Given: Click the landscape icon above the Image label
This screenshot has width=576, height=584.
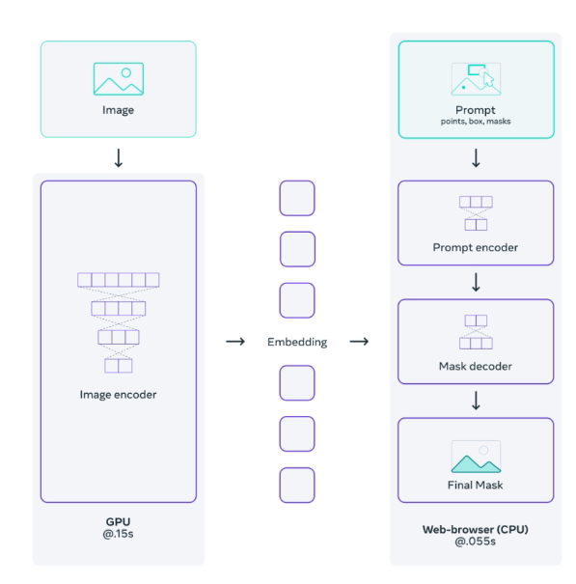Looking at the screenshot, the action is (x=119, y=79).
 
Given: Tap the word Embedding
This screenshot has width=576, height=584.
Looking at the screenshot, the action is (x=297, y=342).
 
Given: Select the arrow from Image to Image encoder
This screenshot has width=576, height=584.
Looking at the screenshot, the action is (x=119, y=158).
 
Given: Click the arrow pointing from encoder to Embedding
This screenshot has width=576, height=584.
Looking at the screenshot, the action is (x=235, y=342).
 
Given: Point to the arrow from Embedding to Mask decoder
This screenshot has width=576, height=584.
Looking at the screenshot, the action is (x=359, y=342).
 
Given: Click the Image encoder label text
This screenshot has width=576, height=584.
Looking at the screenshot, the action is (x=118, y=395).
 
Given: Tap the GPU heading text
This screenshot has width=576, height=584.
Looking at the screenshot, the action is (x=118, y=522).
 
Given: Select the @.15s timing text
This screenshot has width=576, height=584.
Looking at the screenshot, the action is (x=118, y=534).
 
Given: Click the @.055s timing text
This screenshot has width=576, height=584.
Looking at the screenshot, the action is (x=475, y=542).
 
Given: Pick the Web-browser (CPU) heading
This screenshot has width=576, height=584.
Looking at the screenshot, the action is (x=475, y=529).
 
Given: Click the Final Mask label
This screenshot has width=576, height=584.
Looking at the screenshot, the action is (x=475, y=485).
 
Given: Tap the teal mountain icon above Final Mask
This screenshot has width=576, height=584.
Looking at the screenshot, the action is (x=476, y=463).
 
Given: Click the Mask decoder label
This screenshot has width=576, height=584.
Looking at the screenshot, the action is (x=476, y=366).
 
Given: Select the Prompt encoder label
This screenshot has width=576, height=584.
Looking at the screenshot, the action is (x=476, y=248).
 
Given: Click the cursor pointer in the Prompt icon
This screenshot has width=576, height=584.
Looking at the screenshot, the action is (x=488, y=79).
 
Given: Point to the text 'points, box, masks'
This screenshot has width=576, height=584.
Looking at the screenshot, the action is (x=476, y=122).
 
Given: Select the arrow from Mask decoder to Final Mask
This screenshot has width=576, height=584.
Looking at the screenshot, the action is (x=476, y=401).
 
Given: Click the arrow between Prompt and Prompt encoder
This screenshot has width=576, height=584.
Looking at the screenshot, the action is (x=476, y=158).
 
